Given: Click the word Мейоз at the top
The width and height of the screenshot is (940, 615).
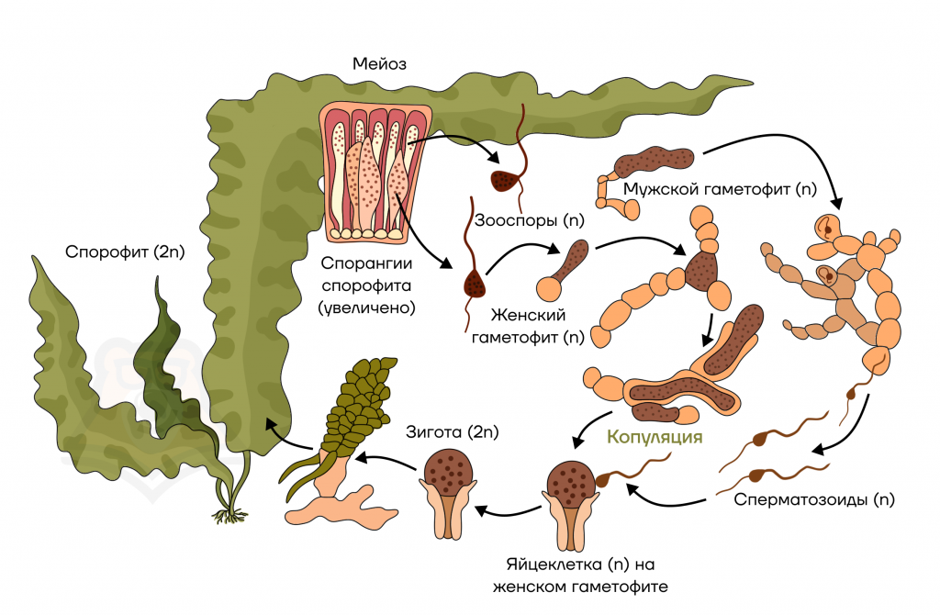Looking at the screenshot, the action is (379, 63).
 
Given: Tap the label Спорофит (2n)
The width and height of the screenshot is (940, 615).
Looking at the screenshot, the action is (125, 252).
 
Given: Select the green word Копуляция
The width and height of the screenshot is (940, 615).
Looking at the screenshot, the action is (655, 437).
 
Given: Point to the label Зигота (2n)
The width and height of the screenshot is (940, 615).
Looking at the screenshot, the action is (452, 432).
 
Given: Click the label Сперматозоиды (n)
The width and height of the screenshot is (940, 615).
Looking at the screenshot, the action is (814, 499).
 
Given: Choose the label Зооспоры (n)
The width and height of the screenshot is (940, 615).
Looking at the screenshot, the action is (529, 220).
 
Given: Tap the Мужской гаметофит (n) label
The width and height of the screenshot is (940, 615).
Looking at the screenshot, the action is (720, 189).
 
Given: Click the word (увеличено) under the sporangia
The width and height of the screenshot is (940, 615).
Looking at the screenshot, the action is (366, 308).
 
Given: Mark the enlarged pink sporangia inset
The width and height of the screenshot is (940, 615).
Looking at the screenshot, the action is (375, 173).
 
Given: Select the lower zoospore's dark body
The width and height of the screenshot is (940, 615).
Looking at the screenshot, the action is (475, 285).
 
